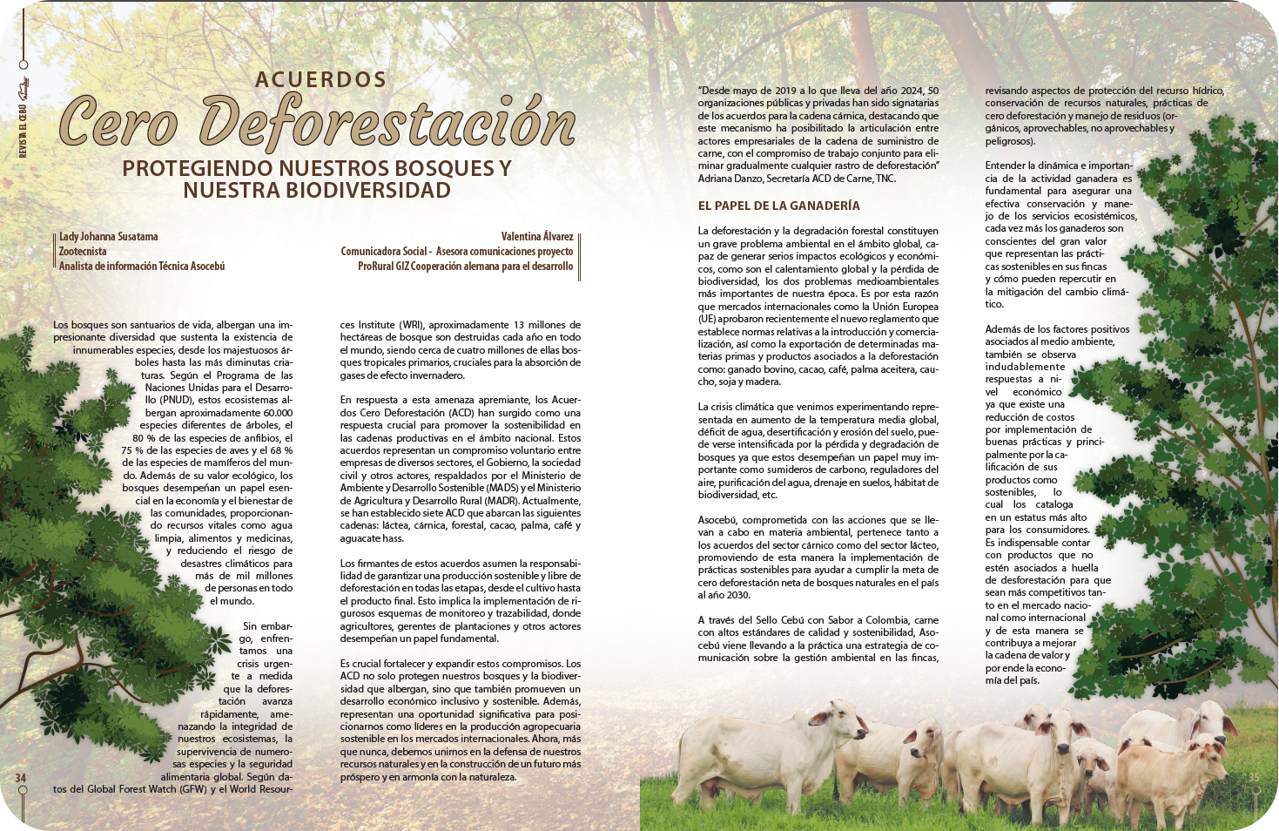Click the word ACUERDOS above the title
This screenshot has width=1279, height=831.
pos(321,79)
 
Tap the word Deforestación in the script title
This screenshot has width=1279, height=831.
pos(387,123)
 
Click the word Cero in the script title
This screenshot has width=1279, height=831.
pos(119,123)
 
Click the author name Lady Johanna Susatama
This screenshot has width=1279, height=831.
pos(109,236)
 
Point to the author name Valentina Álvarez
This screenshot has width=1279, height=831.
pos(537,236)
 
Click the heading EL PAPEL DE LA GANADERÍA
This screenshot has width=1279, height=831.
pos(778,206)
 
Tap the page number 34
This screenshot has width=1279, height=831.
pos(21,777)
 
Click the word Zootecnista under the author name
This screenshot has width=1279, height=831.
pos(83,251)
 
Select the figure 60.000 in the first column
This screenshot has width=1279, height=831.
pos(278,413)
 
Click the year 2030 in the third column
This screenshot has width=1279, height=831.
pos(737,595)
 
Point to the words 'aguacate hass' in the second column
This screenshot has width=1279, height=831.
pos(371,538)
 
